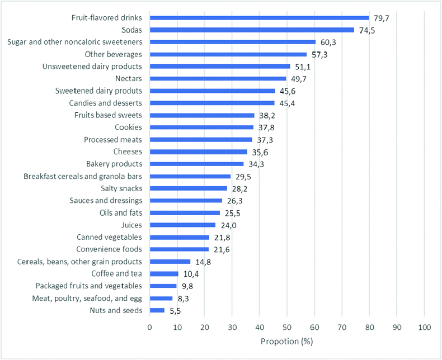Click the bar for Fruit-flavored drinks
259,18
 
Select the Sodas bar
252,30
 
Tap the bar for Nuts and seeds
157,310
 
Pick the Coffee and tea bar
164,273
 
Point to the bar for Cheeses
199,151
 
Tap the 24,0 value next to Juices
228,225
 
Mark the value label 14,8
203,262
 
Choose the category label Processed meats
113,139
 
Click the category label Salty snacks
120,188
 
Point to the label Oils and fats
121,212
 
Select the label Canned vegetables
109,237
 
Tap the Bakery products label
114,164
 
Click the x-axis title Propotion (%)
286,341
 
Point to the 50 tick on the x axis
287,325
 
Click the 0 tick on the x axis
150,325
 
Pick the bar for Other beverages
228,55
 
